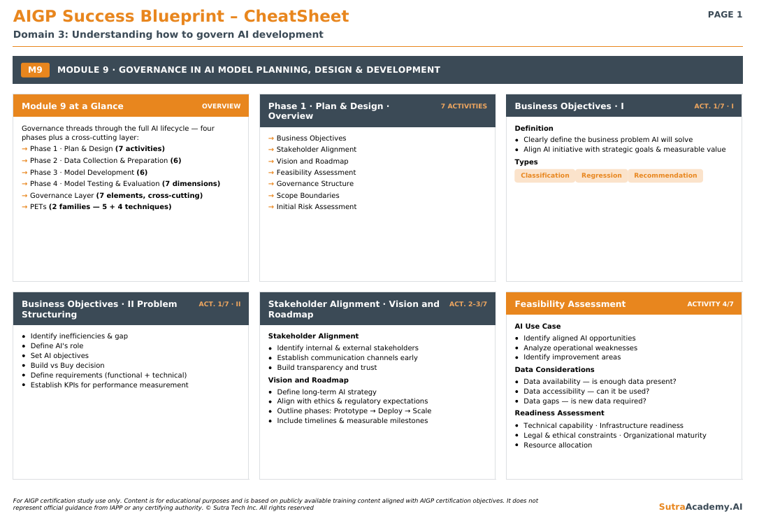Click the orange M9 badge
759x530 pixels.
[x=35, y=70]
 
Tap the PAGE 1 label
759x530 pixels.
[x=725, y=15]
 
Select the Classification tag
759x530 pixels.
[x=544, y=176]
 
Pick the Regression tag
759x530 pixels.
[x=601, y=176]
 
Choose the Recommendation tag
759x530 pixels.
[x=665, y=176]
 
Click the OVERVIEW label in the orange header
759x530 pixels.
[x=222, y=106]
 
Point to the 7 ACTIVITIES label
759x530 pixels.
[x=464, y=106]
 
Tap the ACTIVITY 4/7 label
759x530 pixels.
[x=710, y=304]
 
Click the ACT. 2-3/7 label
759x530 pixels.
[x=468, y=304]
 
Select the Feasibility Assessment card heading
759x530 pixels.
[x=570, y=304]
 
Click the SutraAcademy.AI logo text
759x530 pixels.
[x=700, y=507]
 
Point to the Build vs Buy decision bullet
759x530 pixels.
[x=67, y=365]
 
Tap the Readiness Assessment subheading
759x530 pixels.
[x=559, y=413]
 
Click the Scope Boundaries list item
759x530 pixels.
[x=308, y=195]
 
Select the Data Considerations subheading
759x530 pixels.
[x=554, y=370]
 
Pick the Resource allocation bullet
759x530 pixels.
[x=558, y=445]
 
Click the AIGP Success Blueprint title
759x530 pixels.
[x=119, y=16]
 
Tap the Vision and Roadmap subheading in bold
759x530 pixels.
[x=308, y=380]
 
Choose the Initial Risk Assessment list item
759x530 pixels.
[x=317, y=207]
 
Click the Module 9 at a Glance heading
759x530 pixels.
[x=73, y=106]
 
